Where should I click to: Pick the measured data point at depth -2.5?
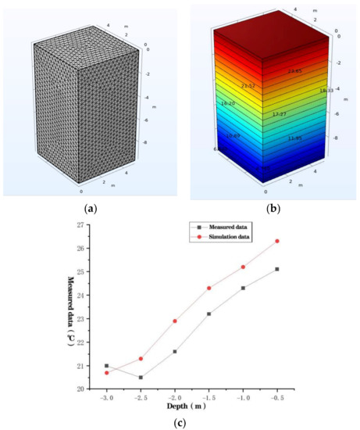141,378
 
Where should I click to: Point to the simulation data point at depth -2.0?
175,321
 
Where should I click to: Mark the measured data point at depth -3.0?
107,366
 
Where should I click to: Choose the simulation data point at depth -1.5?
209,288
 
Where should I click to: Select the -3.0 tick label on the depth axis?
106,397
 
